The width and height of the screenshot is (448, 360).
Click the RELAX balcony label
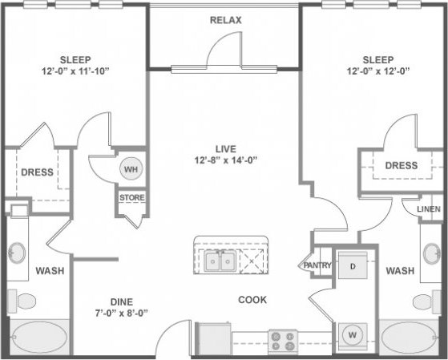click(225, 19)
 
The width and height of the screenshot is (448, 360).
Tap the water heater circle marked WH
click(131, 169)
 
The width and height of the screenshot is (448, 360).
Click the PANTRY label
click(317, 265)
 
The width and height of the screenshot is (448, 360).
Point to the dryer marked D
click(351, 265)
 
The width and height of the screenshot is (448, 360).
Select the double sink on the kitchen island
click(219, 261)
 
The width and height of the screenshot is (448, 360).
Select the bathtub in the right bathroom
click(410, 336)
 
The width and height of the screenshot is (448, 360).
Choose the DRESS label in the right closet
click(400, 165)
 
